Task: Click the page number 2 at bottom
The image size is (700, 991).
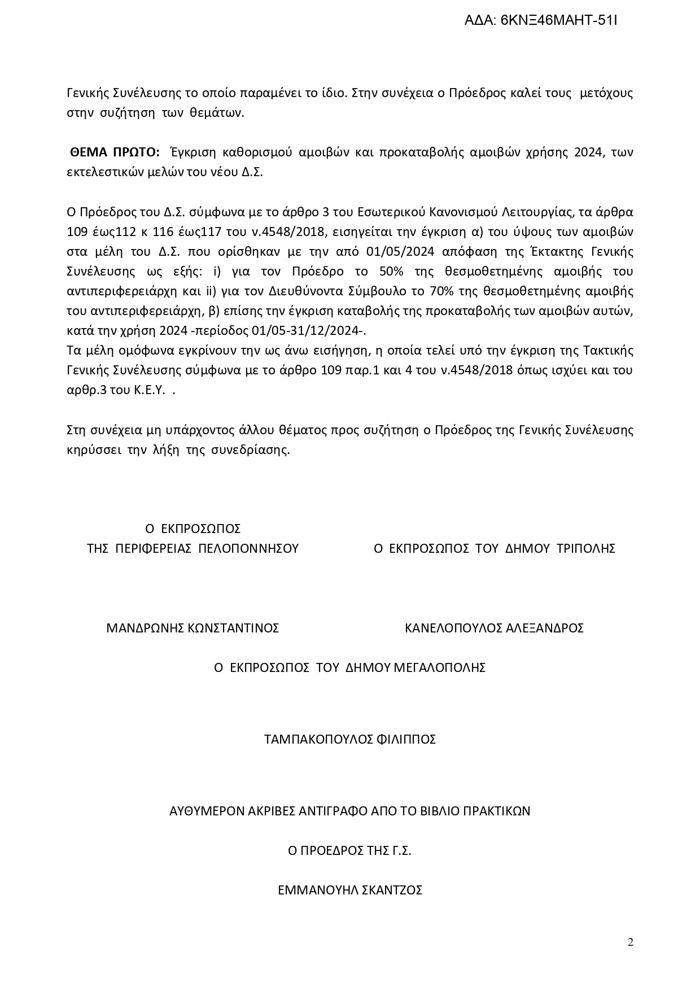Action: coord(631,941)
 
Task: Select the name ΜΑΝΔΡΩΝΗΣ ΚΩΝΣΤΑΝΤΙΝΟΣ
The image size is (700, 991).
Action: coord(193,628)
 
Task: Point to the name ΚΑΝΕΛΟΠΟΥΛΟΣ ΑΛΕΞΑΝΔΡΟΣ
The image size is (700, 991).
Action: coord(494,628)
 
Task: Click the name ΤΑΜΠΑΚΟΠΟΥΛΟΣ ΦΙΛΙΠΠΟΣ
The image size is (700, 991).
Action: coord(350,739)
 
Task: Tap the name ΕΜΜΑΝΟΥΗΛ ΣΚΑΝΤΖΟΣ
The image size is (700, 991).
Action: coord(350,890)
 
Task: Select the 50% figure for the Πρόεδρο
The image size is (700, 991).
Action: coord(392,271)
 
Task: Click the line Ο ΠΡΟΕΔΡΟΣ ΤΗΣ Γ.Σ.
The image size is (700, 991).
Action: coord(349,850)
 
